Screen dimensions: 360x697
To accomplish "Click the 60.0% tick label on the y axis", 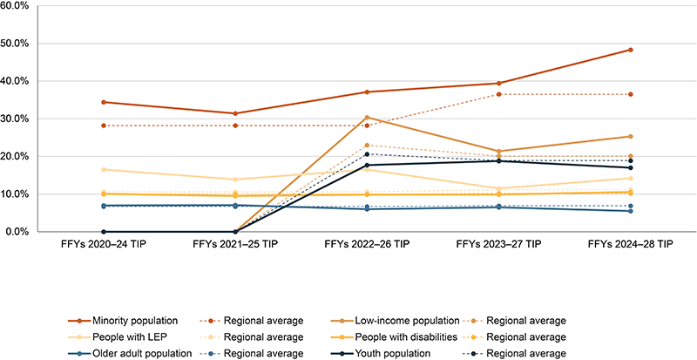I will coord(19,5).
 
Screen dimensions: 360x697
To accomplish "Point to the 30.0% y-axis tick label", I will coord(19,119).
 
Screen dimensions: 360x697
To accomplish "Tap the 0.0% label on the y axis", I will coord(22,232).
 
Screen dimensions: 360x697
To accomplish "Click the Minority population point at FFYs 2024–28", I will coord(630,50).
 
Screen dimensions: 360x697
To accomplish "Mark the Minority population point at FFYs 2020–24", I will coord(104,102).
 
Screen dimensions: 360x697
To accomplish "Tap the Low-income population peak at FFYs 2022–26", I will coord(367,117).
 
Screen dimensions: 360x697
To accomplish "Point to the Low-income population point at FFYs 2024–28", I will coord(630,136).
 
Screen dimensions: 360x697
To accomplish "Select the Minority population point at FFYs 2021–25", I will coord(235,113).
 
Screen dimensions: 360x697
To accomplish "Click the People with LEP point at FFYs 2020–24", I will coord(104,169).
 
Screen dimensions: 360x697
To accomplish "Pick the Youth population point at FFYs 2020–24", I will coord(104,232).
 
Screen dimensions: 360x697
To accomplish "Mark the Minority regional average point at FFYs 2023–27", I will coord(498,93).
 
